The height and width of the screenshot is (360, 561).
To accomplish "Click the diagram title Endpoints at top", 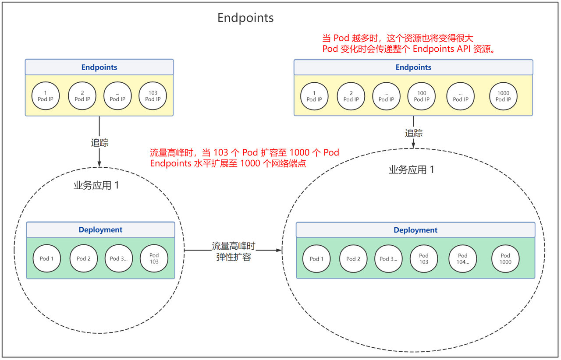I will (x=245, y=18).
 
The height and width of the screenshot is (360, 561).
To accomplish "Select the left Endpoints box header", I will (x=99, y=67).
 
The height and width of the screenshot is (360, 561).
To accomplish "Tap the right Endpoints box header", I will (x=413, y=67).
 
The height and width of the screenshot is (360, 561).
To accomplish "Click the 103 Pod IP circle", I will (x=153, y=96).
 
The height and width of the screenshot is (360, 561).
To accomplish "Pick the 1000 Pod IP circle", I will (x=503, y=96).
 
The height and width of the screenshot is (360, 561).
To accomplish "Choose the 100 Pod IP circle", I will (x=422, y=96).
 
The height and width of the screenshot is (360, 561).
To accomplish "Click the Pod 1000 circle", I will (x=505, y=258).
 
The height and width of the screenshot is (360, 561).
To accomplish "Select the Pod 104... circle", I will (x=463, y=258).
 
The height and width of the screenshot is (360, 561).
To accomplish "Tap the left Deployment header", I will (x=100, y=230).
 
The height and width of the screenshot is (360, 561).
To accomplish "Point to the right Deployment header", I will (x=415, y=230).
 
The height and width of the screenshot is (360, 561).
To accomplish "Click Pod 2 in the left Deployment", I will (x=84, y=258).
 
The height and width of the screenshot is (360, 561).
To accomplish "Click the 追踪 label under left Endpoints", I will (x=99, y=143).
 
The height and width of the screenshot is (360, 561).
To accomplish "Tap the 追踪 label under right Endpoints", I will (x=413, y=133).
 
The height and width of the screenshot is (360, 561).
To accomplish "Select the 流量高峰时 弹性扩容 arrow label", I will (x=233, y=251).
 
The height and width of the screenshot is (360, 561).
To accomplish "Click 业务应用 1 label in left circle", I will (x=96, y=185).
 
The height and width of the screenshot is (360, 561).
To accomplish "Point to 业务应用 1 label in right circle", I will (x=411, y=170).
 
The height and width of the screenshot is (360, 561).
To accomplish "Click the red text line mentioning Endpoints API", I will (x=409, y=49).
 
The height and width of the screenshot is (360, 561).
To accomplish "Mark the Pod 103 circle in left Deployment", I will (x=154, y=258).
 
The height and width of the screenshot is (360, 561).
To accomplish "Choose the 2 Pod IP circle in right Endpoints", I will (x=351, y=96).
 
